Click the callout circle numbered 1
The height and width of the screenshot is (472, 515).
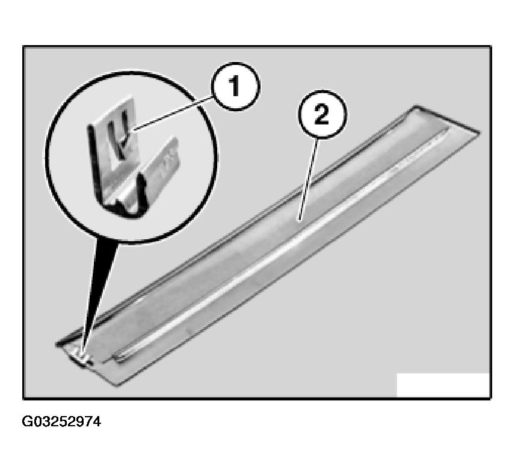tap(235, 87)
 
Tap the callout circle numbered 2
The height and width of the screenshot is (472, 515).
tap(322, 114)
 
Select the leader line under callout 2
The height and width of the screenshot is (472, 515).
tap(309, 179)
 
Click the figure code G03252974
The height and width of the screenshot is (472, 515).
tap(61, 421)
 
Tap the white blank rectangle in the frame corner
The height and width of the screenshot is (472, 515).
tap(443, 385)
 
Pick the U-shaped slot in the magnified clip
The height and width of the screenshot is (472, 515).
tap(119, 137)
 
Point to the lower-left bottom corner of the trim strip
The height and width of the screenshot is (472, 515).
tap(117, 385)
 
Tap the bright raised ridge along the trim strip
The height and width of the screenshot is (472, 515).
tap(279, 245)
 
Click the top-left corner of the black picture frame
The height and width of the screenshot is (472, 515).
tap(23, 46)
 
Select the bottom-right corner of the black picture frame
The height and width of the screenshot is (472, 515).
tap(491, 399)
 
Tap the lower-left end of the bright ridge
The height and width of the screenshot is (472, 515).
tap(116, 360)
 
